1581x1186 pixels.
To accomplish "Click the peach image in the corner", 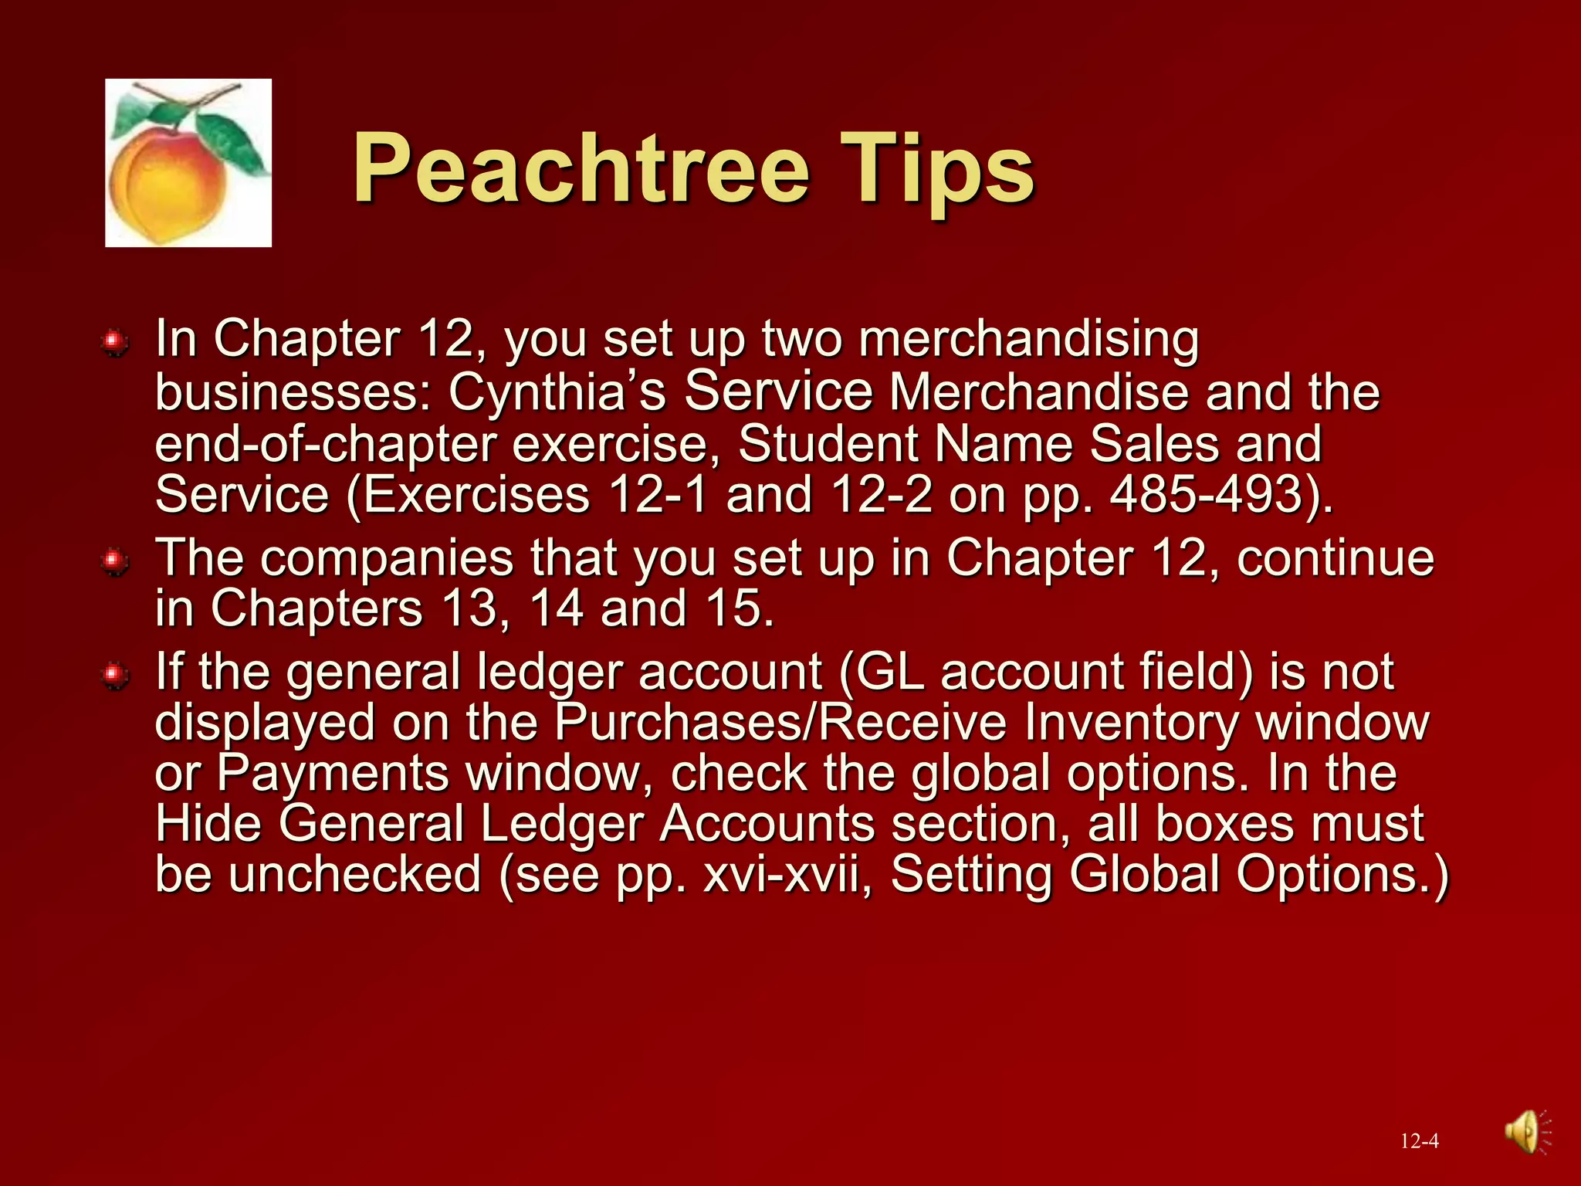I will click(x=188, y=163).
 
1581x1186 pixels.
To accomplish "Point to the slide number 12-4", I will click(x=1419, y=1141).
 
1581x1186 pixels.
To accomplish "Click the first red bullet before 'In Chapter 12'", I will click(x=115, y=341).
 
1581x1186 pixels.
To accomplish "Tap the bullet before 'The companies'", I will click(x=115, y=561).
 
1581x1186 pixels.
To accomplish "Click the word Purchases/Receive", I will click(x=780, y=723).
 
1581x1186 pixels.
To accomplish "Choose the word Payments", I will click(x=333, y=774).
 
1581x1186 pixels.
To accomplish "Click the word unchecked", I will click(x=355, y=875).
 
